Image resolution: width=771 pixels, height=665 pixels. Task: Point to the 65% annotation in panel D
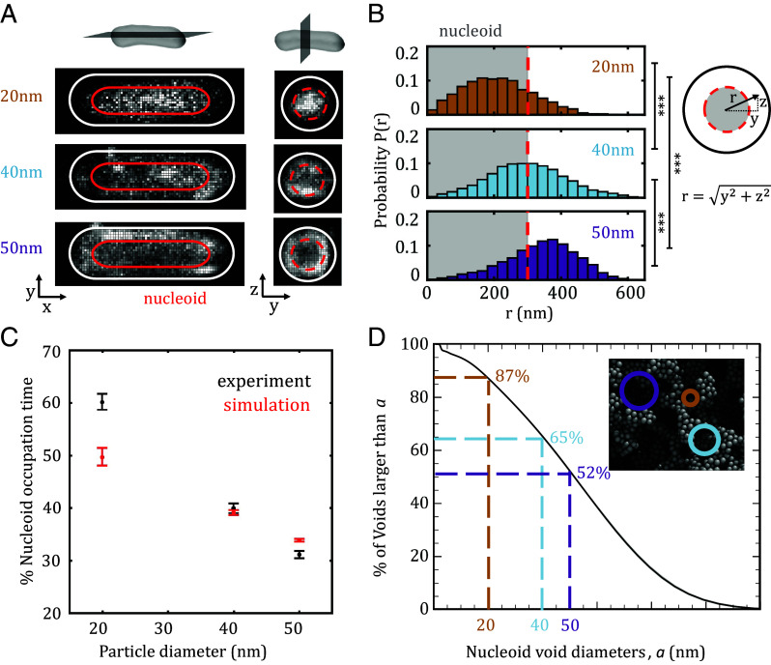(x=567, y=438)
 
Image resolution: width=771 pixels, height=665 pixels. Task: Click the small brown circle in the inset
(x=689, y=397)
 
